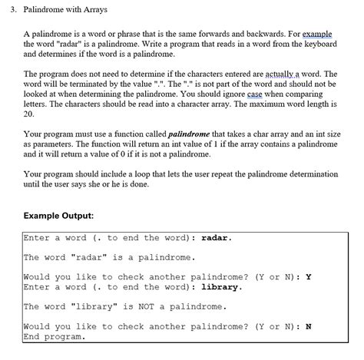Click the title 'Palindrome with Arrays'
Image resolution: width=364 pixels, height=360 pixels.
point(65,11)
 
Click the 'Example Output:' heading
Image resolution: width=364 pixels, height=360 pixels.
point(58,216)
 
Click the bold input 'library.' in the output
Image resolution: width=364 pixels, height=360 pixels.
point(222,287)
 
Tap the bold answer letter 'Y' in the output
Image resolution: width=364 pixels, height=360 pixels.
point(308,277)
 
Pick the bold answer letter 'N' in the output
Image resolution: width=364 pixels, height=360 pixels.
point(308,326)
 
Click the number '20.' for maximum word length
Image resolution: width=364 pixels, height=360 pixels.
point(29,113)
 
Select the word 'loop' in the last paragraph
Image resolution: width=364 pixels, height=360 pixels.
point(133,173)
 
